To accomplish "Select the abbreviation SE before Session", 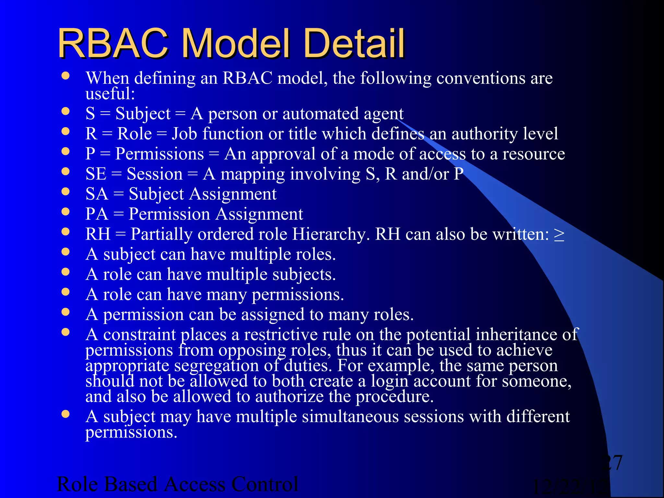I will pos(96,174).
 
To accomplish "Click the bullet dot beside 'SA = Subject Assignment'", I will pos(66,191).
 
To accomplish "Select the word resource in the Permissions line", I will pos(534,154).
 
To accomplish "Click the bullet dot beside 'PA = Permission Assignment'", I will pos(66,211).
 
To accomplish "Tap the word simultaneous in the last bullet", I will pos(350,417).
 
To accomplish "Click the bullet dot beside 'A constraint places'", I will pos(66,332).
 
